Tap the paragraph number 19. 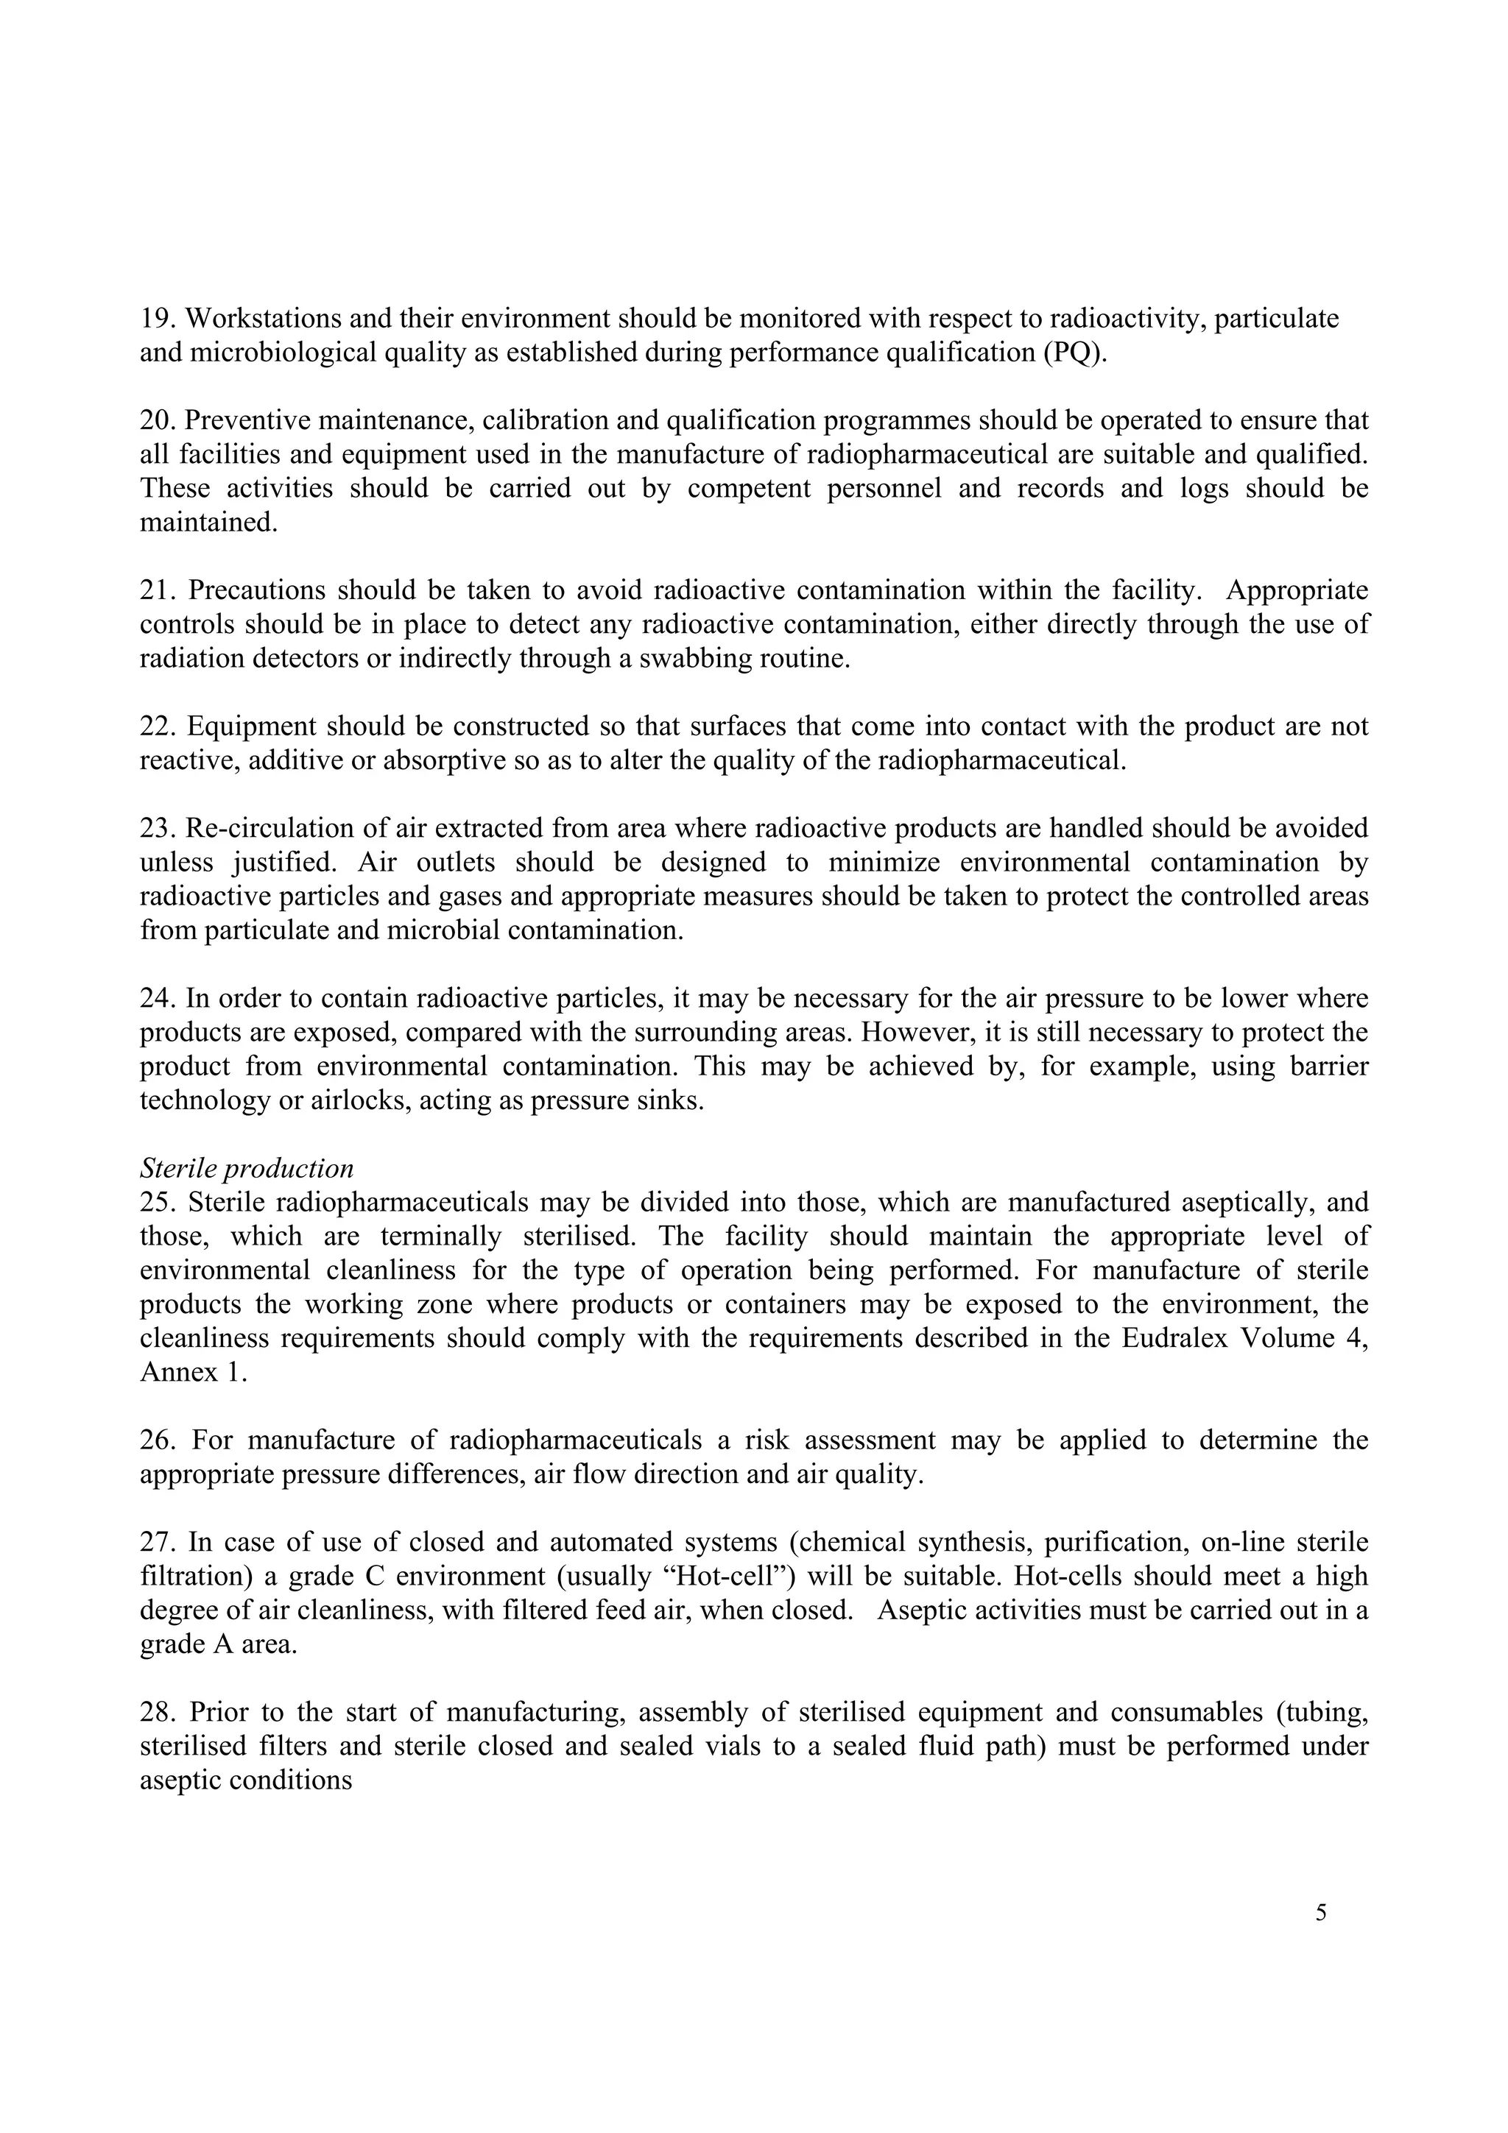[156, 319]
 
